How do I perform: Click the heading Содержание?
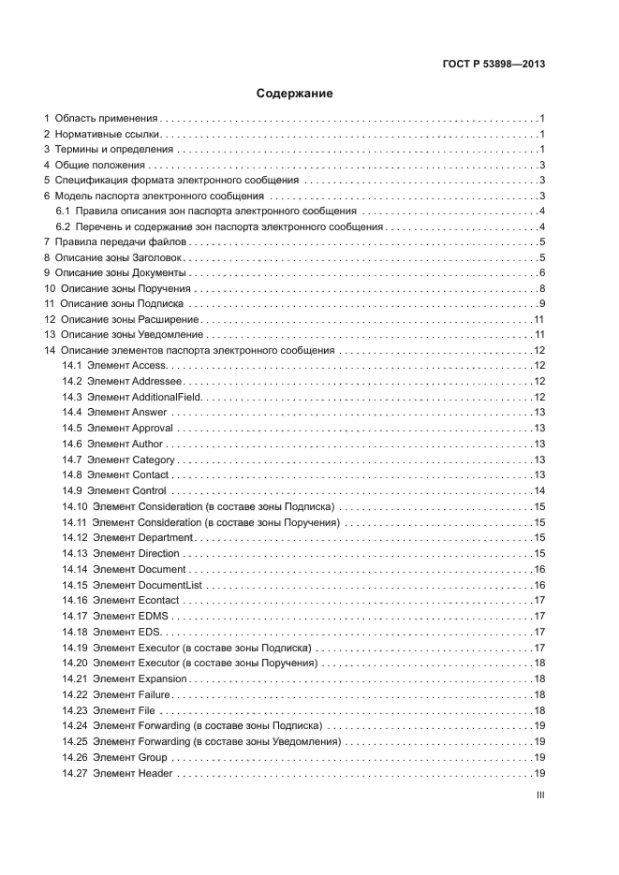point(295,94)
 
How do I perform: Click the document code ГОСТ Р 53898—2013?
point(494,64)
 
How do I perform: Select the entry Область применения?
point(107,119)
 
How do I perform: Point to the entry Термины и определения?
point(114,150)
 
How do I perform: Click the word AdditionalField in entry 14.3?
point(168,396)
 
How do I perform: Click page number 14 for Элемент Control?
point(539,490)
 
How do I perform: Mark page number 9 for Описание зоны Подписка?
point(542,304)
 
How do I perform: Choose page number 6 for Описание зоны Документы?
point(542,273)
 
